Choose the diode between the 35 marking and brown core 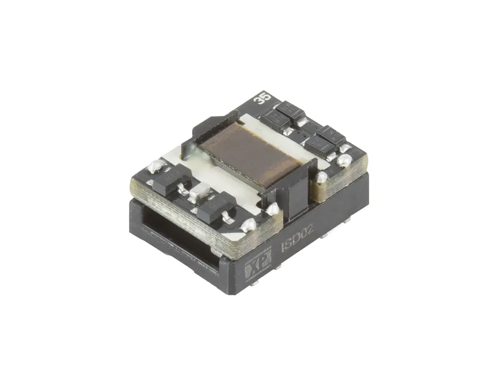(269, 119)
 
